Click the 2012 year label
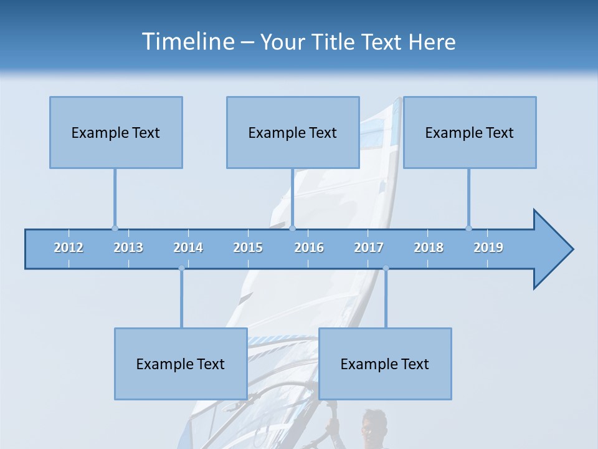[69, 248]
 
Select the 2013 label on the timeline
[128, 248]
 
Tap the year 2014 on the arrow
[188, 248]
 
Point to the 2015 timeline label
[248, 248]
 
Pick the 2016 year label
[309, 248]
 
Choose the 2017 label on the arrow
[369, 248]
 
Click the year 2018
[429, 248]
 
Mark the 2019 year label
[488, 248]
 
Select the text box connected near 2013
[116, 132]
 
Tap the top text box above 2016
[293, 132]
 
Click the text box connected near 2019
[470, 132]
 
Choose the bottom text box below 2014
[181, 364]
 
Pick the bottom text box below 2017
[385, 364]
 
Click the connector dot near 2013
[115, 228]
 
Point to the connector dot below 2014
[181, 269]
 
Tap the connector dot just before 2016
[293, 228]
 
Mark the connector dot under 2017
[386, 269]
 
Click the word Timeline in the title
[186, 41]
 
